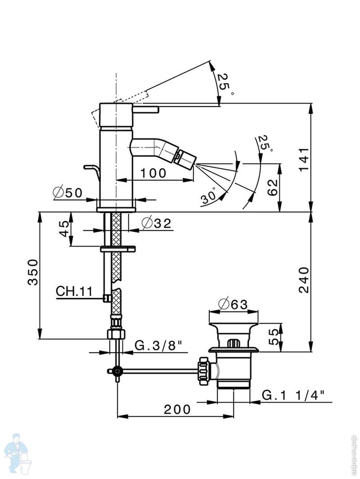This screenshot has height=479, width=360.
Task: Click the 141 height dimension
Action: click(x=304, y=159)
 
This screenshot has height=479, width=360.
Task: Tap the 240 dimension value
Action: click(x=304, y=280)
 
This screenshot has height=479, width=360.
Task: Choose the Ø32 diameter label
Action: click(x=156, y=224)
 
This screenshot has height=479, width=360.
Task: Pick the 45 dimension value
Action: click(x=64, y=230)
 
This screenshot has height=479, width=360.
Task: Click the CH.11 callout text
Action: click(x=74, y=291)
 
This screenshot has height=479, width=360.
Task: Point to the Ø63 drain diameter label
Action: click(x=234, y=305)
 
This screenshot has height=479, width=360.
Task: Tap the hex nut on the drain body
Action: click(x=204, y=371)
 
